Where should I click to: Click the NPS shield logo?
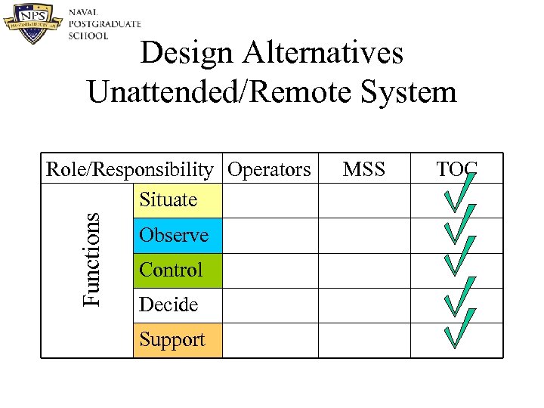tap(33, 23)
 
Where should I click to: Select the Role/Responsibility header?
tap(129, 169)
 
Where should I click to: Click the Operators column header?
tap(269, 169)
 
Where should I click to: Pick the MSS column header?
tap(363, 169)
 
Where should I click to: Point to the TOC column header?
tap(456, 169)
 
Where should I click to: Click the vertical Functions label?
tap(91, 258)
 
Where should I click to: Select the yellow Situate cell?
tap(178, 201)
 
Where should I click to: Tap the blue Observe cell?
tap(178, 236)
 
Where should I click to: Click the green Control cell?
tap(178, 270)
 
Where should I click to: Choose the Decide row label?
tap(169, 304)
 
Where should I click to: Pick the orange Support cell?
tap(178, 340)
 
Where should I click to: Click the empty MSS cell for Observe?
tap(363, 236)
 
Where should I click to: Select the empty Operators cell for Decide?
tap(270, 304)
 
